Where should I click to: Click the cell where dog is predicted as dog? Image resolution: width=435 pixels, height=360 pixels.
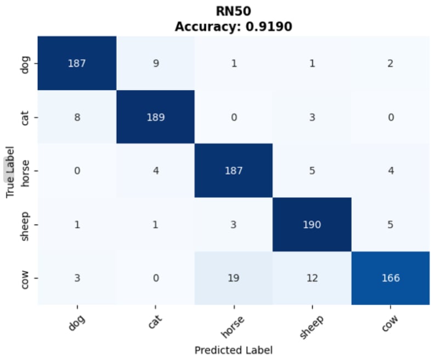[77, 63]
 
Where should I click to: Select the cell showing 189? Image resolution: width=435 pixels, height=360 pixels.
[156, 117]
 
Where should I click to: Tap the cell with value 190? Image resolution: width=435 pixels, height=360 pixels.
[312, 224]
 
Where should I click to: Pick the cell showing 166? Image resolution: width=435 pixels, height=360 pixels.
[391, 278]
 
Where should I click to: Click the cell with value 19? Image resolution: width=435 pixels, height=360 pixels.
[234, 278]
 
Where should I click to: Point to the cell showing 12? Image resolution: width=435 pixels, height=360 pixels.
[312, 278]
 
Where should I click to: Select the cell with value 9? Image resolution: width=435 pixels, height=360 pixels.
[156, 63]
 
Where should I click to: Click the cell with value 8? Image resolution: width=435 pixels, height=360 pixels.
[77, 117]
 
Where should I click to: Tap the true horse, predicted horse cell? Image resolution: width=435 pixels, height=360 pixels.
[234, 171]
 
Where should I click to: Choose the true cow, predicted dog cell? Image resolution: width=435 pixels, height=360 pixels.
[77, 278]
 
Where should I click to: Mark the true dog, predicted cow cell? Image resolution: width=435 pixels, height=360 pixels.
[391, 63]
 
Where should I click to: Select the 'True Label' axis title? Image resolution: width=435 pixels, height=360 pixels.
[10, 171]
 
